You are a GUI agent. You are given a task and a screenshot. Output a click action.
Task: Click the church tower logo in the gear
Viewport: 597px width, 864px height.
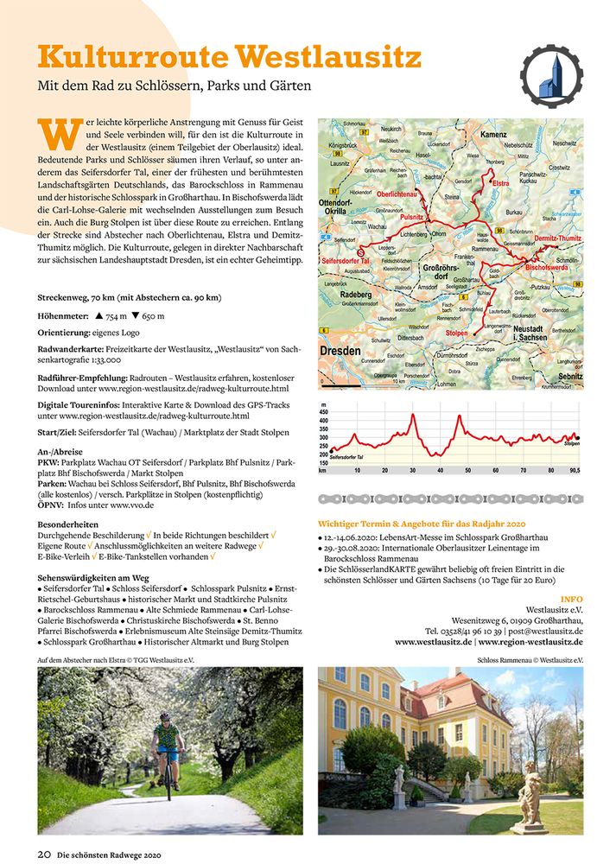(x=549, y=76)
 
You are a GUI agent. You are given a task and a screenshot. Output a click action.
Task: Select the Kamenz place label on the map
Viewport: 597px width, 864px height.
(x=493, y=136)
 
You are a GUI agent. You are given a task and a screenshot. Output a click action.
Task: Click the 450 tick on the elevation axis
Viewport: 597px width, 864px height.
(x=324, y=412)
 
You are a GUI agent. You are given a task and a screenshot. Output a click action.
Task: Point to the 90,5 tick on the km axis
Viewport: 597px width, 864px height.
(x=574, y=470)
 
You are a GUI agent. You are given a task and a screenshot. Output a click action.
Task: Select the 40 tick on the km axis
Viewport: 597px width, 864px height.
(x=441, y=470)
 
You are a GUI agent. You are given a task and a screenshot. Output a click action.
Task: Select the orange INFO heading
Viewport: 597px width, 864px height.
(x=571, y=598)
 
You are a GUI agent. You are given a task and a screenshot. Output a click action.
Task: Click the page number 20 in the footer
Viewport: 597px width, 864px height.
(x=44, y=854)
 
